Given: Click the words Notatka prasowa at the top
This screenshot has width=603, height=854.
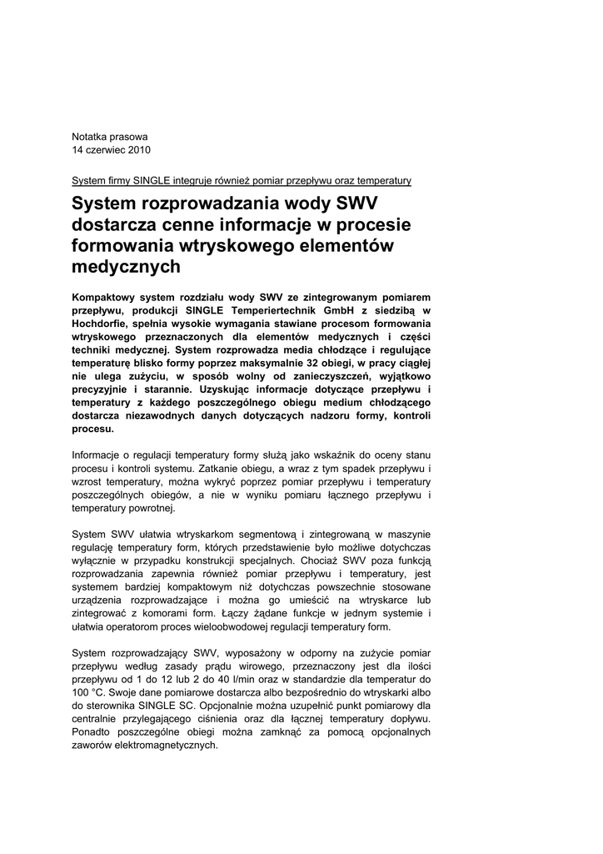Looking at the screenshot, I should point(110,136).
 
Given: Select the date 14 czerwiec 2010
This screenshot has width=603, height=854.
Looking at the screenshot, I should point(112,150).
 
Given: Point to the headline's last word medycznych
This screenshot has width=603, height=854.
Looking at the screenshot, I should point(127,267).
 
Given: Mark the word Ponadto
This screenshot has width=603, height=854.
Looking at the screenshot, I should point(92,732).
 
